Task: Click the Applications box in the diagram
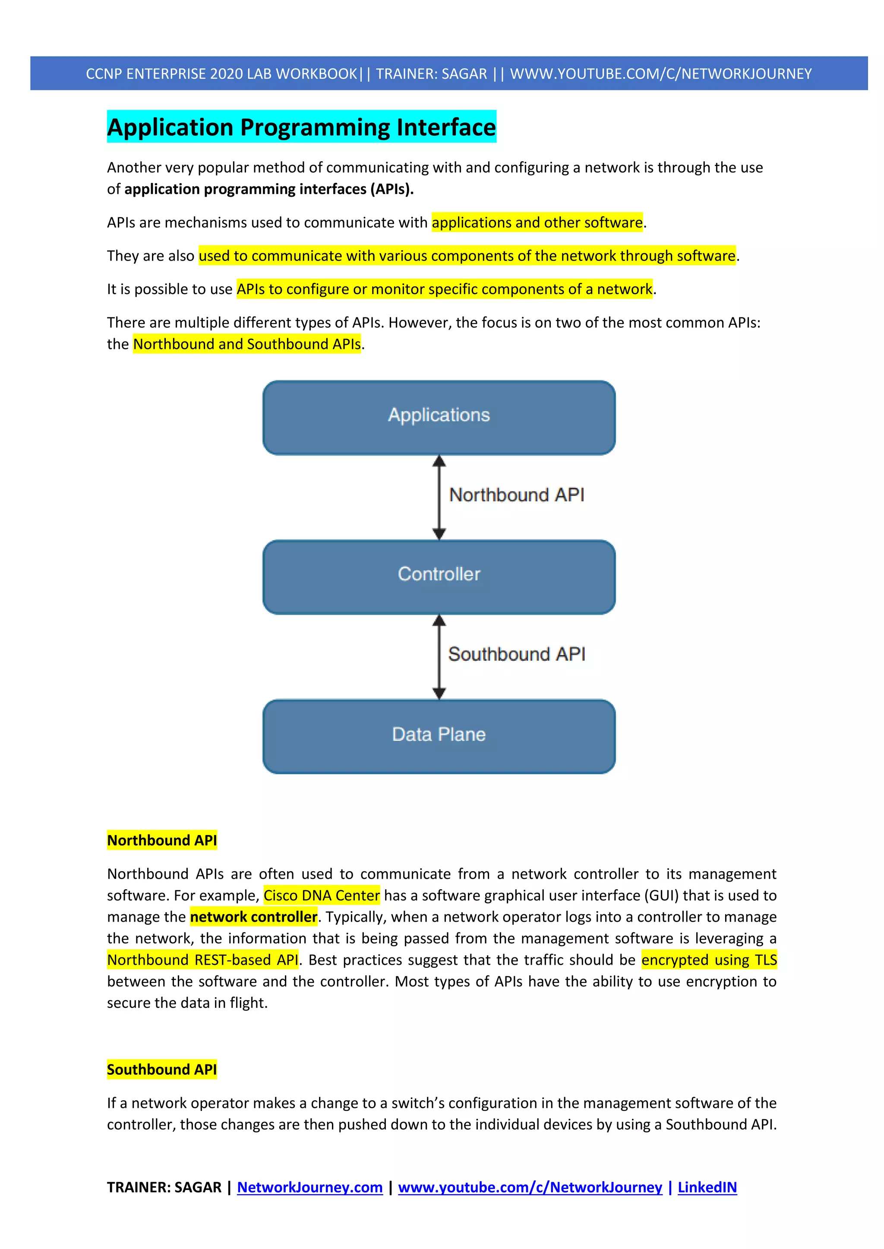(439, 417)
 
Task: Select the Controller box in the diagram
(439, 577)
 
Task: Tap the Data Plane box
(439, 736)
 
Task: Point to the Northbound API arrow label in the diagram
(516, 495)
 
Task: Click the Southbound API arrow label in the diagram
(516, 654)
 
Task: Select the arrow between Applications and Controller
(439, 497)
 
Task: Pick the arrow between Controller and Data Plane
(439, 656)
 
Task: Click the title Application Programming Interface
(302, 127)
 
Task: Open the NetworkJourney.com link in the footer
(310, 1187)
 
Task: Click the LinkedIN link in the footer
(707, 1187)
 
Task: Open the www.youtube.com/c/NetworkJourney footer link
(530, 1187)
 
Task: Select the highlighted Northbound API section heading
(162, 841)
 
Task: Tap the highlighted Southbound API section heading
(162, 1070)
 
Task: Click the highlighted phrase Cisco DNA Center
(321, 895)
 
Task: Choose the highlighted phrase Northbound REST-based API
(202, 960)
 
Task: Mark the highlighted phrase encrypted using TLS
(709, 960)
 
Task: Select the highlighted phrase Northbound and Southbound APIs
(246, 344)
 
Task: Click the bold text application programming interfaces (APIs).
(269, 189)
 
